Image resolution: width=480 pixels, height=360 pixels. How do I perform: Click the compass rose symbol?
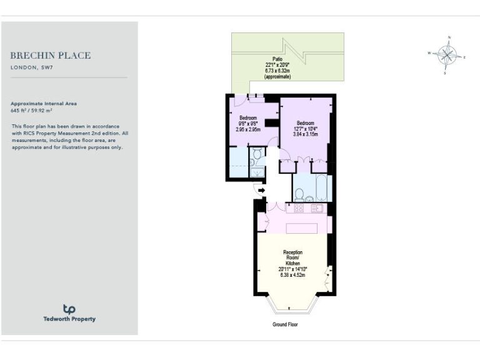pos(447,55)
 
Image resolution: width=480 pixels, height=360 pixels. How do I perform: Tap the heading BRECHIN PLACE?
pos(51,55)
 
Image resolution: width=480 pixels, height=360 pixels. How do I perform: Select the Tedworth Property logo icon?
pos(69,309)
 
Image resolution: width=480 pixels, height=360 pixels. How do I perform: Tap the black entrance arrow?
pos(261,190)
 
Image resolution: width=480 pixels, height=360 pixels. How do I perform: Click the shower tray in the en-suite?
pos(237,164)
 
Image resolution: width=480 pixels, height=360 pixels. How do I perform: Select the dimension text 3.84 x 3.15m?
pos(306,134)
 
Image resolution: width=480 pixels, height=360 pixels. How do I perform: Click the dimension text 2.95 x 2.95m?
pos(248,129)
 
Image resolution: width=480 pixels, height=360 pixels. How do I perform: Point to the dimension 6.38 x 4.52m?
pos(292,275)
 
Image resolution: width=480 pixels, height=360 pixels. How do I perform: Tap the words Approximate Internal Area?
pos(44,103)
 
